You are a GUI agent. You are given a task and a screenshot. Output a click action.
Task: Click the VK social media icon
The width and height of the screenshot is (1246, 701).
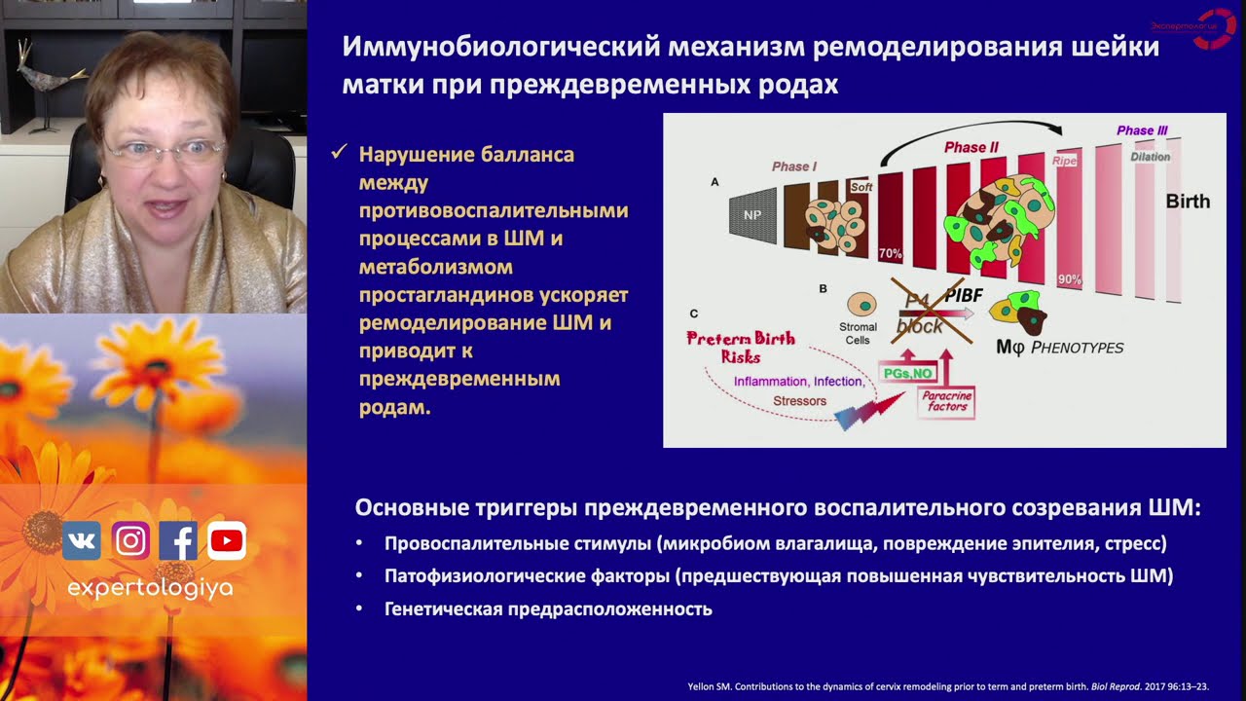click(82, 540)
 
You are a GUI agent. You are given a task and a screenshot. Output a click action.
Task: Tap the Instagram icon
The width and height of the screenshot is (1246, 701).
click(130, 540)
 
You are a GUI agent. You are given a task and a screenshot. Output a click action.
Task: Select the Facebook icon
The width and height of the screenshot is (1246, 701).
click(178, 540)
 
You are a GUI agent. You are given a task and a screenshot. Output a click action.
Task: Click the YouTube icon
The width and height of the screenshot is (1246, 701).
click(227, 540)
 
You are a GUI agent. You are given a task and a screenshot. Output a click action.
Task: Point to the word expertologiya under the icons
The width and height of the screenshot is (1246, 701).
click(150, 588)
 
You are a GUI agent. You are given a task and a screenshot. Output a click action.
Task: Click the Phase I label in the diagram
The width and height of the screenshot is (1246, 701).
click(794, 166)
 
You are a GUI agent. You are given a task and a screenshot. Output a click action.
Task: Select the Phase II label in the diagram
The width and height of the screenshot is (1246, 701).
click(971, 148)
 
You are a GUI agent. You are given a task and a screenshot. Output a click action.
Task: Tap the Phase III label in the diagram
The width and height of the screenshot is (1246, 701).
click(1142, 130)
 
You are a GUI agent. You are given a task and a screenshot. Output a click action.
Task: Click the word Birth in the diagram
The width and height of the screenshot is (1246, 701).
click(1188, 202)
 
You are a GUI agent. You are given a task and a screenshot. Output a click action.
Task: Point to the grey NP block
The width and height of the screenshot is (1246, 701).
click(752, 214)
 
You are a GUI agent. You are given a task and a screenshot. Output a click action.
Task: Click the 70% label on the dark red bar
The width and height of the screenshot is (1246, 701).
click(891, 253)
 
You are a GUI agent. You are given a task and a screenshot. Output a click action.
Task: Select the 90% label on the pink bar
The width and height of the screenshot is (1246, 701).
click(1069, 280)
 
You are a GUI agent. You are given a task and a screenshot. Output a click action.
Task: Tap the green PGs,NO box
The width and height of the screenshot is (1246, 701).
click(906, 373)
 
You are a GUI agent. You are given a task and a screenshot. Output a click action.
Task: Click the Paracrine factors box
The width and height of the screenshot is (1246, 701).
click(945, 401)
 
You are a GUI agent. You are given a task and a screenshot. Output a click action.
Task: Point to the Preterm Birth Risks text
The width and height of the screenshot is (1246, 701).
click(741, 347)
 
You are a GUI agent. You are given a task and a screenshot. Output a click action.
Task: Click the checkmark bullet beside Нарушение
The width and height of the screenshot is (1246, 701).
click(340, 153)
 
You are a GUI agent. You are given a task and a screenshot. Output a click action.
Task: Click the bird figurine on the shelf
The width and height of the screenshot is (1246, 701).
click(42, 83)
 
